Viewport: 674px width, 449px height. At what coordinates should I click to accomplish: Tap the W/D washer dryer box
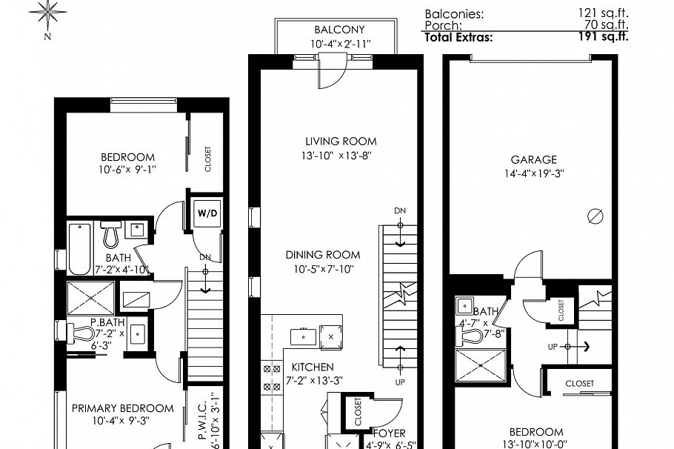click(x=207, y=213)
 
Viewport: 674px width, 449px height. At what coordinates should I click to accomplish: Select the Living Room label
click(x=341, y=141)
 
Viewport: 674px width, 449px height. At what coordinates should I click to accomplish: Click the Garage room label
click(x=533, y=159)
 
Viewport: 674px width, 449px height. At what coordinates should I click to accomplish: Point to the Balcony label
click(x=339, y=30)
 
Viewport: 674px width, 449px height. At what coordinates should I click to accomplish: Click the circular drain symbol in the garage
click(x=594, y=216)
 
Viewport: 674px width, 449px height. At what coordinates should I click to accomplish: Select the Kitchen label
click(x=312, y=367)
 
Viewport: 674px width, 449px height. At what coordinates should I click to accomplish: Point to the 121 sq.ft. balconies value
click(x=604, y=13)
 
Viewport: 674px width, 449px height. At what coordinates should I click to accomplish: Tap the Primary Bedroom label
click(x=122, y=408)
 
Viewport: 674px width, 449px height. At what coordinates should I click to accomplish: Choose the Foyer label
click(x=389, y=433)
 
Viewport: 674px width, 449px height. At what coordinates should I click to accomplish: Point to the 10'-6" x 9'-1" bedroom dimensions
click(x=128, y=170)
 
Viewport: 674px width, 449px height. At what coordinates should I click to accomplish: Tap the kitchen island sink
click(x=304, y=336)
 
